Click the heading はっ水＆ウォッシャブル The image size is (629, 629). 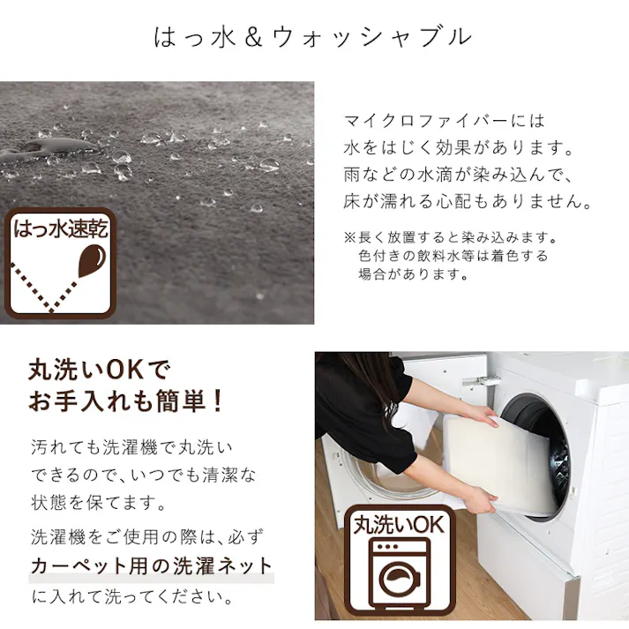313,37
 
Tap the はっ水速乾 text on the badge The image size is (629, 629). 59,232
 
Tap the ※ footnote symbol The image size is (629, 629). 348,238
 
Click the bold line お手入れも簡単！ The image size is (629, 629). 127,402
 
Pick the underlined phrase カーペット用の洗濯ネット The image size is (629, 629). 151,565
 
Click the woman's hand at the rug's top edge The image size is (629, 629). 479,414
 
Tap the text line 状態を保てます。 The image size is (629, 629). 98,505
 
